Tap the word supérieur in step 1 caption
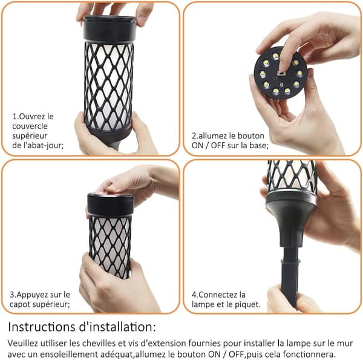tap(30, 136)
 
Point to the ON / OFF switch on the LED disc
tap(281, 74)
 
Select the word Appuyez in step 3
tap(31, 295)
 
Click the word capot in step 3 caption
tap(19, 305)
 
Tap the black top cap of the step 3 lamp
tap(111, 205)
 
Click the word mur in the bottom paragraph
tap(345, 343)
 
